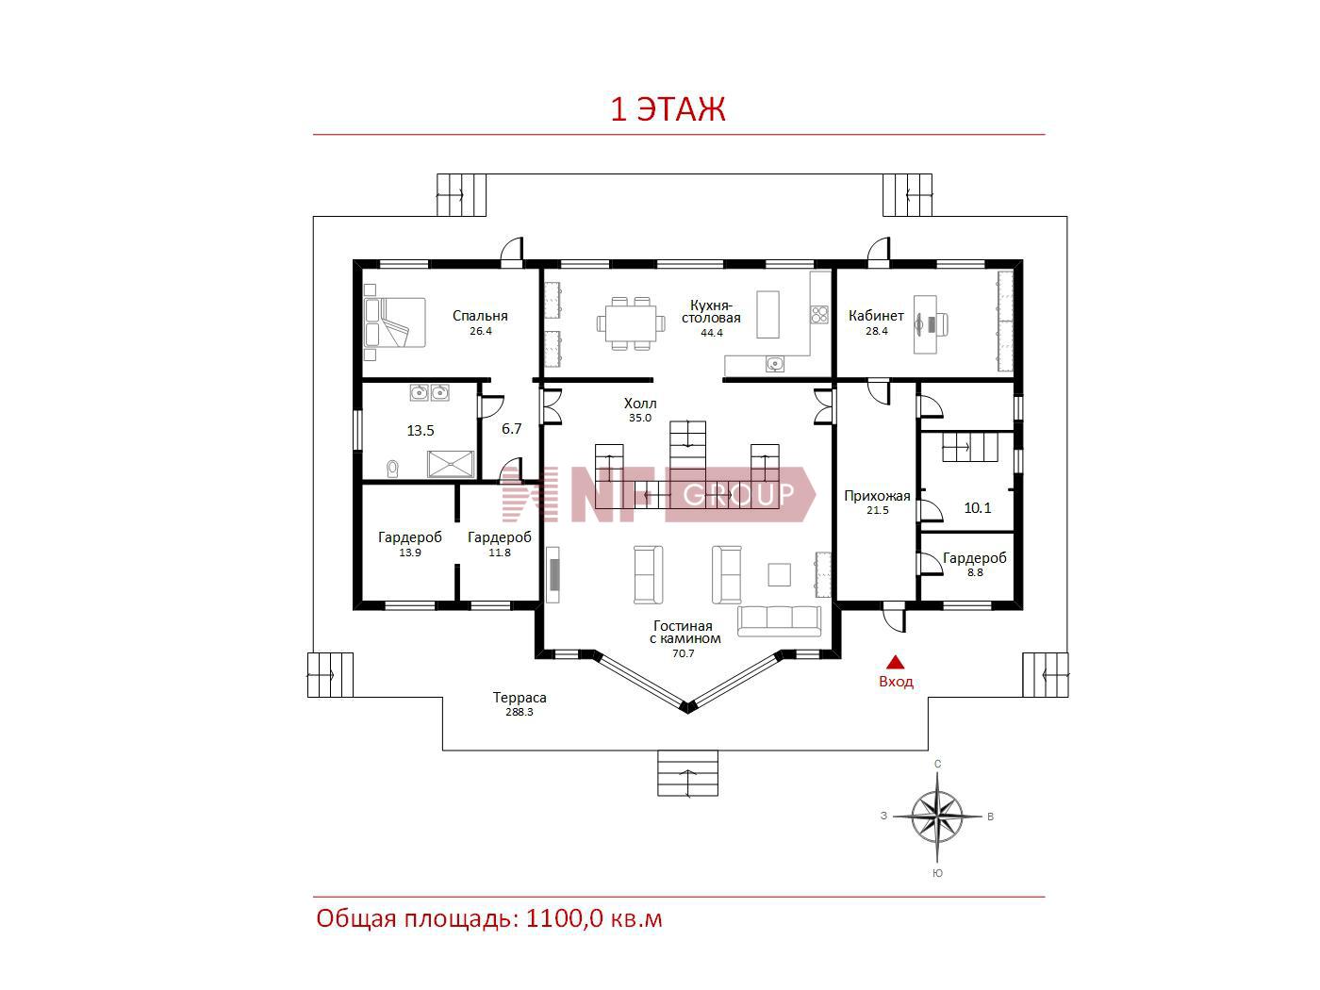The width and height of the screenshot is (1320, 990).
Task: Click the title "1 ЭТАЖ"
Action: coord(668,109)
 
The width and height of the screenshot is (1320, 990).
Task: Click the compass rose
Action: coord(937,817)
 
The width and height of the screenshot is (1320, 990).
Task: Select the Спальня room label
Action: coord(480,316)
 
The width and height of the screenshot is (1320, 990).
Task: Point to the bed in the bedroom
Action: coord(395,322)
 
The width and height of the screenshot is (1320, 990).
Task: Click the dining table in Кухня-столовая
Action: coord(631,322)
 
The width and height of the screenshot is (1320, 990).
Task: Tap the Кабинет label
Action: coord(876,316)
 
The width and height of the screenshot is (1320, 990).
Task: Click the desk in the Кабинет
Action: coord(926,324)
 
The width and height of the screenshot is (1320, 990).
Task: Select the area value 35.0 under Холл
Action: coord(640,418)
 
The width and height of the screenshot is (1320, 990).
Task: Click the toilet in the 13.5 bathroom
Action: coord(392,468)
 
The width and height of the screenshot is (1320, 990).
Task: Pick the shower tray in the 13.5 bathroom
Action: coord(451,465)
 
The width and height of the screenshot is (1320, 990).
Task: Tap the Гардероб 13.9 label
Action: coord(409,544)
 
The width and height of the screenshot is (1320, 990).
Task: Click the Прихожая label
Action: coord(877,496)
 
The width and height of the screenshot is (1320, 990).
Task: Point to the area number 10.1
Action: coord(977,508)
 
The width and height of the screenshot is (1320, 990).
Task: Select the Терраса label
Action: coord(520,698)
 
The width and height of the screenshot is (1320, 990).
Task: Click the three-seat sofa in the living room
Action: coord(779,621)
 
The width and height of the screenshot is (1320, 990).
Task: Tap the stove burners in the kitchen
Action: coord(818,315)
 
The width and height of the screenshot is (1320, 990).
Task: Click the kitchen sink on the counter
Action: coord(775,364)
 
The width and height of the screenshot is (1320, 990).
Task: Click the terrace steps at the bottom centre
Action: coord(687,773)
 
